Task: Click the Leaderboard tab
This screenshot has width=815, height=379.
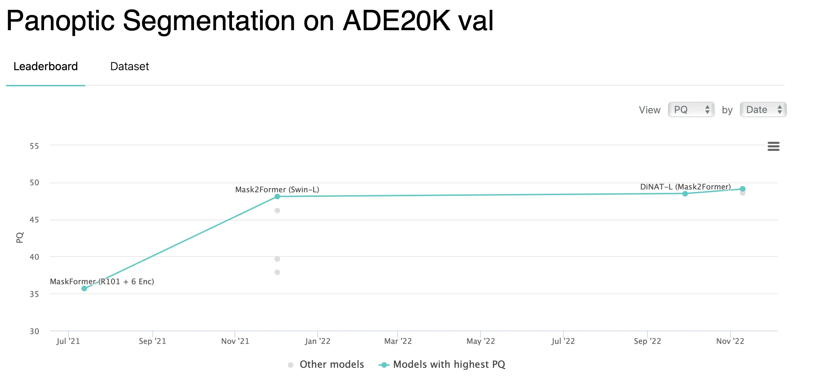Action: (x=46, y=66)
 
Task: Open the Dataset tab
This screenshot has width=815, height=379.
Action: (x=130, y=66)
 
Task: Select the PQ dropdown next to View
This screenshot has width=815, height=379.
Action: (x=691, y=110)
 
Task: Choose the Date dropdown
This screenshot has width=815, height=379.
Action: (x=763, y=110)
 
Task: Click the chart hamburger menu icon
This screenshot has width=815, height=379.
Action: (x=773, y=146)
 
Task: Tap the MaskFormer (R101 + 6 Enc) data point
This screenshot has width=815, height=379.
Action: (x=84, y=288)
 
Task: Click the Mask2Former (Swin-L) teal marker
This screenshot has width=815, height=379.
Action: (x=277, y=197)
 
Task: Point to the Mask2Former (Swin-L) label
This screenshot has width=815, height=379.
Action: (x=277, y=189)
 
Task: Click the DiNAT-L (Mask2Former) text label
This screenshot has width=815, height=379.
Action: (x=685, y=187)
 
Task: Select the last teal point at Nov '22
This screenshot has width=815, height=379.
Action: (x=743, y=189)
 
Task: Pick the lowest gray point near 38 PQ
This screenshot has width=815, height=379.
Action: (x=277, y=272)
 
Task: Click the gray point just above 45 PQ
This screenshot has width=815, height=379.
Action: (x=277, y=211)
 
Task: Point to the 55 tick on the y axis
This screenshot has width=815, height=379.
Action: (x=34, y=146)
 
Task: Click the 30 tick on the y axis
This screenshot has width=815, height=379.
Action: (x=34, y=331)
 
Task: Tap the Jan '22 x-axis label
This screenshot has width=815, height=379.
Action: (x=317, y=341)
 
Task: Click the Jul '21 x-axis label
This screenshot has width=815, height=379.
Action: (x=68, y=341)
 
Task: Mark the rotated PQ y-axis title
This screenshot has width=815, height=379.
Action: (x=20, y=238)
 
